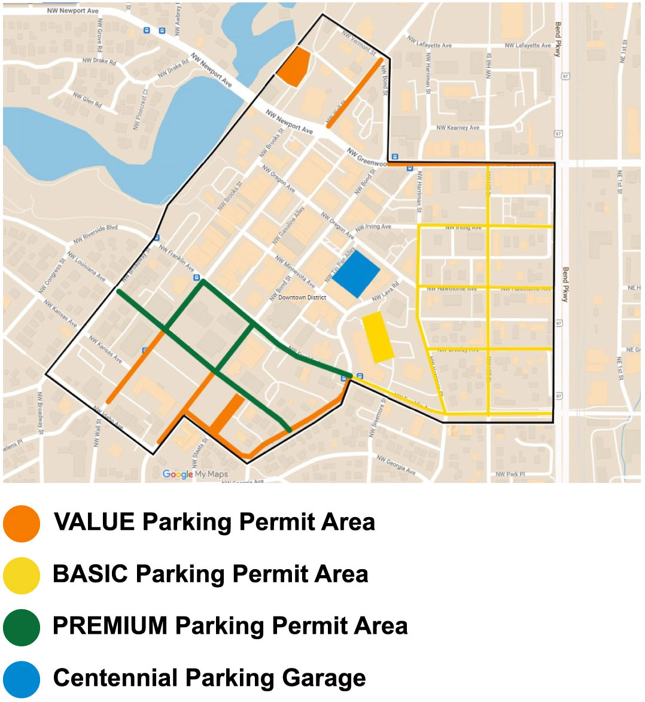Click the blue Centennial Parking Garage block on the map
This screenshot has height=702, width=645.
[x=356, y=273]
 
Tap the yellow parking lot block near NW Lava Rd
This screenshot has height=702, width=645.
[x=378, y=338]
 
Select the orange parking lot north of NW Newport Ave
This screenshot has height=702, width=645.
[x=294, y=66]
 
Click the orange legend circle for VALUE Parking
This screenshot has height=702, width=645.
[x=22, y=523]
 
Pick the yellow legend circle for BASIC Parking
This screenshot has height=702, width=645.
[x=22, y=575]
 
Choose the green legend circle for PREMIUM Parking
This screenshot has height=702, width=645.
[x=22, y=627]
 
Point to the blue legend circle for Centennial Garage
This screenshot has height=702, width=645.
[x=22, y=679]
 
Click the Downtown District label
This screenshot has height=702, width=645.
[x=302, y=297]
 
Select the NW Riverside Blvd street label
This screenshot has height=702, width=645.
[x=95, y=234]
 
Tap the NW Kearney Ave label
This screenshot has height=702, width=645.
[x=458, y=127]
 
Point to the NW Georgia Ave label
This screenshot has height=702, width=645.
[x=396, y=464]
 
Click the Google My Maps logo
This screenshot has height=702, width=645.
[x=195, y=474]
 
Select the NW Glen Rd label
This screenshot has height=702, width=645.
[x=87, y=99]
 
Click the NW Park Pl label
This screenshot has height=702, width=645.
[x=510, y=474]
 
